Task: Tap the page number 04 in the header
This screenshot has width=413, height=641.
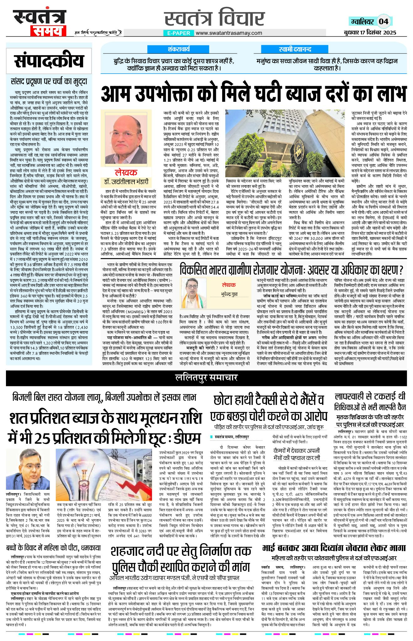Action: point(384,22)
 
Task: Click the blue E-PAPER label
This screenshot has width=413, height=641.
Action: point(179,33)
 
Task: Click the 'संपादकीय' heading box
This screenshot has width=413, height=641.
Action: point(49,61)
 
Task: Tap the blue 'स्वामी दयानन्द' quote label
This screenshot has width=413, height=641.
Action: point(295,49)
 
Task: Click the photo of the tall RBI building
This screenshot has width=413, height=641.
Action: point(285,143)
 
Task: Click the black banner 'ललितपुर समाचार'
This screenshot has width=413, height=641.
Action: point(206,378)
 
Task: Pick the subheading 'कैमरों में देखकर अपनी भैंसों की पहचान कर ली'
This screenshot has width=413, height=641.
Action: point(296,454)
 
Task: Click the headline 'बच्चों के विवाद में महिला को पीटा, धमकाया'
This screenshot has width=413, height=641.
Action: point(53,548)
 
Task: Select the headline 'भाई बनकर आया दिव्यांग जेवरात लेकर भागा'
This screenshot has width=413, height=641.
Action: point(334,548)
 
